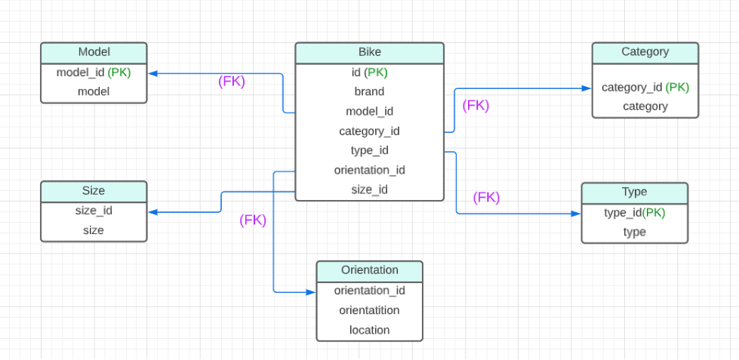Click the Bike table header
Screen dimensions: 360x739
(x=369, y=53)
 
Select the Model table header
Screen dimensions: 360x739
(x=94, y=52)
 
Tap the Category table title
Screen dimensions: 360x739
(x=645, y=52)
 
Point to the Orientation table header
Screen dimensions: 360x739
(x=369, y=270)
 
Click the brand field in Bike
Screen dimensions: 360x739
(x=369, y=91)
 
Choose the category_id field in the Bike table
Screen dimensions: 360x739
(x=369, y=131)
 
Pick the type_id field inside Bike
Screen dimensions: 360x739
(x=369, y=150)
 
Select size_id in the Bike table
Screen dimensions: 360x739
(x=369, y=189)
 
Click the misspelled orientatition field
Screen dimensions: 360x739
(x=369, y=310)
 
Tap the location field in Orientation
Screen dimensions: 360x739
(x=369, y=330)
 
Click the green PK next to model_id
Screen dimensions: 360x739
(x=119, y=72)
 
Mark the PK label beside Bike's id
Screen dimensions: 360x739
(x=377, y=72)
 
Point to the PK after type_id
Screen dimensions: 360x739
(x=654, y=213)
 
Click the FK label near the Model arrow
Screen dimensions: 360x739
(x=232, y=82)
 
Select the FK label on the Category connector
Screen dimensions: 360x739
(x=476, y=106)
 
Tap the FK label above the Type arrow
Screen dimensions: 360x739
(x=486, y=198)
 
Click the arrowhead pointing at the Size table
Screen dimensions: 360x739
(x=152, y=212)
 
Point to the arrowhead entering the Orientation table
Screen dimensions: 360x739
(x=311, y=291)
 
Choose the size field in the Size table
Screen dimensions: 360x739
(x=94, y=230)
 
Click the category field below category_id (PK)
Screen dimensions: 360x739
(x=645, y=106)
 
